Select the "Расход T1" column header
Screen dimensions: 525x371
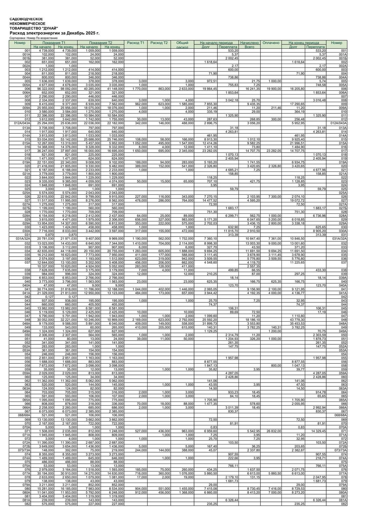pyautogui.click(x=136, y=43)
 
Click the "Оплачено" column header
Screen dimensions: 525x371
pyautogui.click(x=271, y=43)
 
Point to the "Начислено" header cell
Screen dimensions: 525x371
pyautogui.click(x=249, y=43)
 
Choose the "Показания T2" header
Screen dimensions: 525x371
pyautogui.click(x=100, y=43)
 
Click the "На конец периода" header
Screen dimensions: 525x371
pyautogui.click(x=304, y=43)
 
